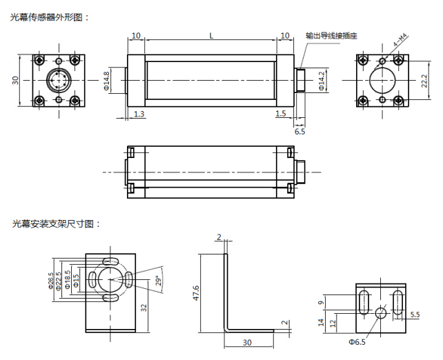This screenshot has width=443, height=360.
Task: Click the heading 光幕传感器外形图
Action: tap(49, 17)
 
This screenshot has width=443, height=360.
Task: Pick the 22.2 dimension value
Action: tap(424, 81)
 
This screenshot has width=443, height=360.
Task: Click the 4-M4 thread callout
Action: tap(401, 42)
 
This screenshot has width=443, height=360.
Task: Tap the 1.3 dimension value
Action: tap(139, 113)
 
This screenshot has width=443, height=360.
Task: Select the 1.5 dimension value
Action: tap(280, 113)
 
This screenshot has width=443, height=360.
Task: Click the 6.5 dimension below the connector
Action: tap(299, 130)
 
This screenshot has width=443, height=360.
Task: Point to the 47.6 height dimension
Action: tap(197, 293)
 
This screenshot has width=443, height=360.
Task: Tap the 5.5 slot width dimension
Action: tap(415, 314)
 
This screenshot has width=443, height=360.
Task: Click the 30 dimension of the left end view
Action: tap(16, 80)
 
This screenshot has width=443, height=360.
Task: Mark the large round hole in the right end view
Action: tap(382, 80)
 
